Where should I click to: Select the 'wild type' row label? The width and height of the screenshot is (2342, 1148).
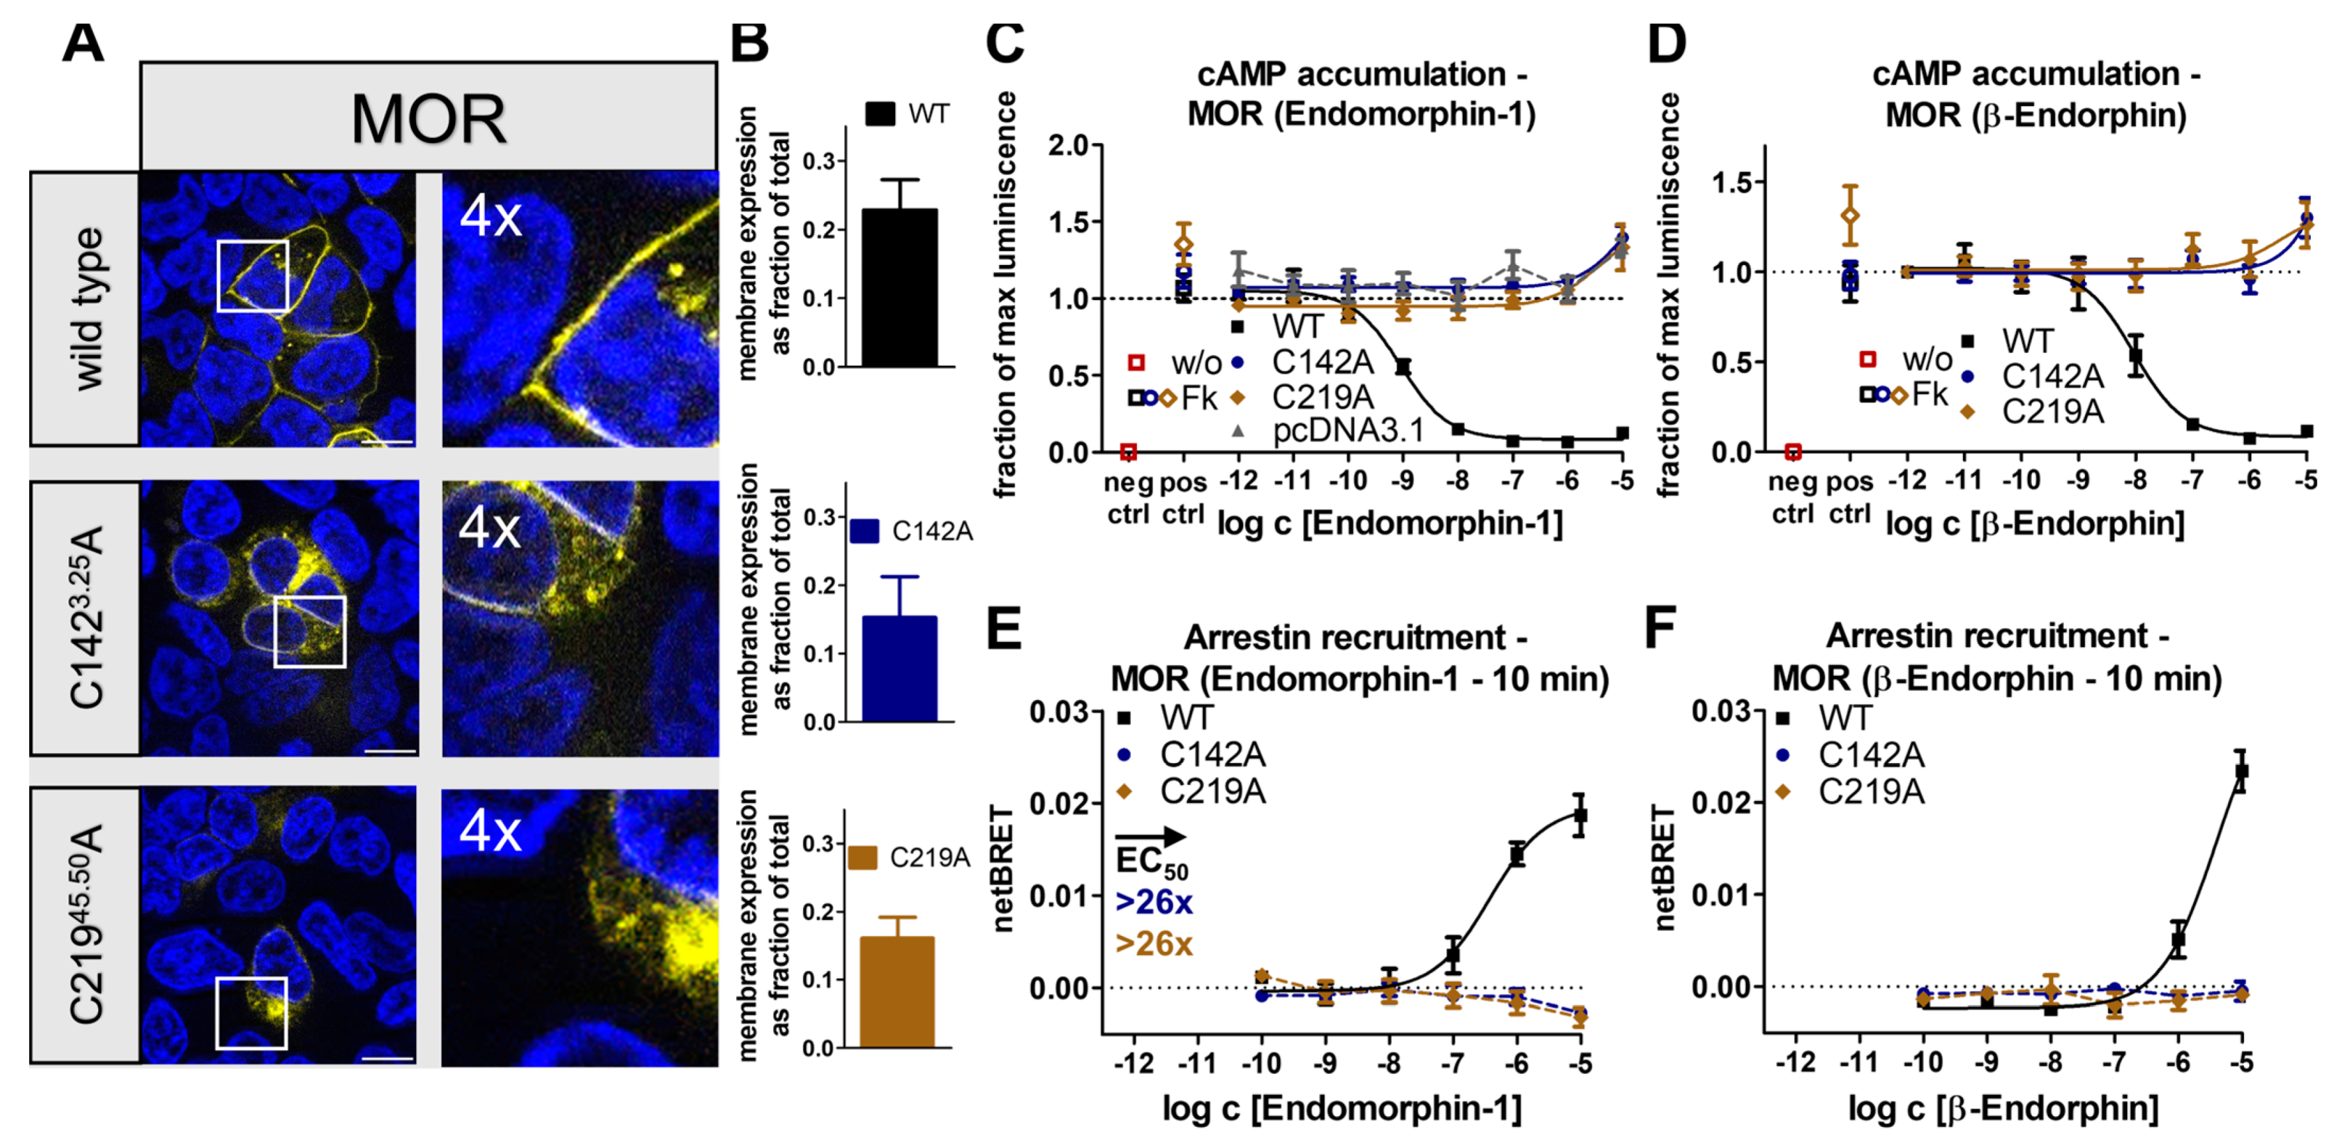pyautogui.click(x=88, y=309)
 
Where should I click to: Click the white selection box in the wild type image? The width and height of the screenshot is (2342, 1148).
pyautogui.click(x=252, y=276)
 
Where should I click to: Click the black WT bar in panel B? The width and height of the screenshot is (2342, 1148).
pyautogui.click(x=899, y=287)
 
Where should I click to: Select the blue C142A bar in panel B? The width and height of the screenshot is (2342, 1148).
pyautogui.click(x=899, y=669)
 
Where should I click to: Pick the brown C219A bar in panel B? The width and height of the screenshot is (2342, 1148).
pyautogui.click(x=896, y=992)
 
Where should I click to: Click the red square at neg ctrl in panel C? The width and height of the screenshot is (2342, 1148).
pyautogui.click(x=1128, y=452)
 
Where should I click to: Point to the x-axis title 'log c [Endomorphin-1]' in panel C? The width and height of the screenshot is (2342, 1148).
pyautogui.click(x=1390, y=523)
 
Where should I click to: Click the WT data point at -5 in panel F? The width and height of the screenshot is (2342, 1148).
pyautogui.click(x=2242, y=771)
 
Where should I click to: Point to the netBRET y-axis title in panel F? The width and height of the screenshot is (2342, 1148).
pyautogui.click(x=1664, y=867)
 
